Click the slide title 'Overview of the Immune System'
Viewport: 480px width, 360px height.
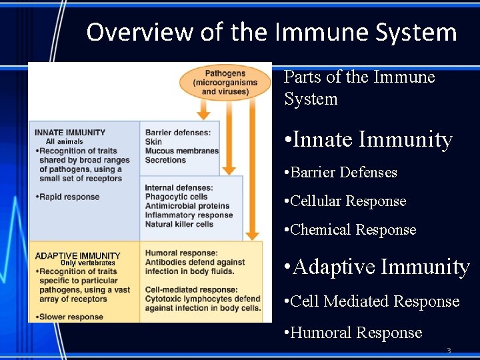(271, 31)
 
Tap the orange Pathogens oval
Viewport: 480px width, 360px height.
(225, 82)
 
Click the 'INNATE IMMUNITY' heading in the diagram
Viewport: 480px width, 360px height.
(70, 133)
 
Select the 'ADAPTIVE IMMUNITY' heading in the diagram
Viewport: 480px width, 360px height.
(77, 255)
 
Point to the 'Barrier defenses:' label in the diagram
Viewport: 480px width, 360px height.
(178, 133)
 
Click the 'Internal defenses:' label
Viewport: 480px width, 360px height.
(179, 187)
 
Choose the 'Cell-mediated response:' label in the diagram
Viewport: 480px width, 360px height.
(191, 290)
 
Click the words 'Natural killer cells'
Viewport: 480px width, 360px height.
(179, 225)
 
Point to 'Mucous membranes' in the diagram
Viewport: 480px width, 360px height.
(181, 151)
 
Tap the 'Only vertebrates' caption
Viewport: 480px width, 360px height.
(87, 263)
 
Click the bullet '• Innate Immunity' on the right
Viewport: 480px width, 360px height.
(368, 139)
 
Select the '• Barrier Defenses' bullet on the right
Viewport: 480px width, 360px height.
(340, 172)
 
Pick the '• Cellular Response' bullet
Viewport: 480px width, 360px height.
(345, 201)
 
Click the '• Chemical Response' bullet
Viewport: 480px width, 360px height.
(349, 229)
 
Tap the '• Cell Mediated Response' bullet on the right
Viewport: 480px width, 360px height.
(371, 301)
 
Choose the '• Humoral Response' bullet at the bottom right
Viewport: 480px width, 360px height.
(353, 332)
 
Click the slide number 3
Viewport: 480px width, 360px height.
(449, 351)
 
